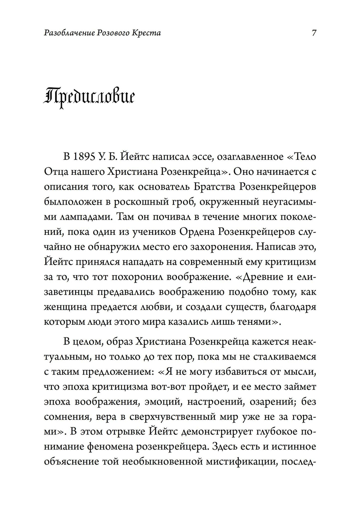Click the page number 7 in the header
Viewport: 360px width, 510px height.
tap(314, 33)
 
